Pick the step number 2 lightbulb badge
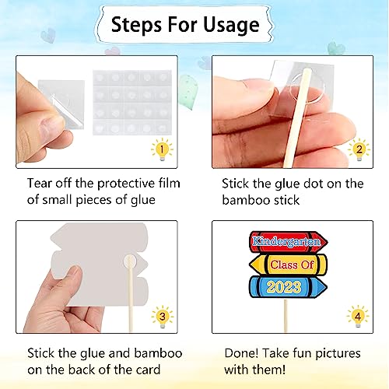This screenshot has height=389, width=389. (x=359, y=149)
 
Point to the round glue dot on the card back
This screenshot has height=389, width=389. (x=130, y=261)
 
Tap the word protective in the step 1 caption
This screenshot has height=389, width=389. (x=117, y=184)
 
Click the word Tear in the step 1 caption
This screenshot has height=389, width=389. (x=40, y=184)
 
